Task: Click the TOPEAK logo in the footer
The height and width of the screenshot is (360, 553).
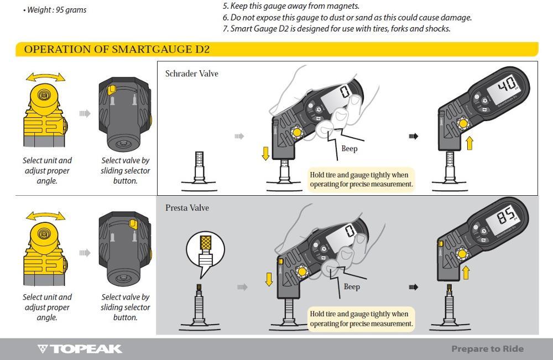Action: click(80, 349)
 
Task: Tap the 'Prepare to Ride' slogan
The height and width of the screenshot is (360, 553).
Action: click(487, 349)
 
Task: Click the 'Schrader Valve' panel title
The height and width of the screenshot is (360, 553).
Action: click(191, 74)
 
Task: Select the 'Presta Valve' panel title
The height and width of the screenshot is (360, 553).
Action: click(187, 208)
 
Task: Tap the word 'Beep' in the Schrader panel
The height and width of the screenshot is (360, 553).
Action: click(349, 148)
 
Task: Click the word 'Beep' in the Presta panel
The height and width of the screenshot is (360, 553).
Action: click(352, 286)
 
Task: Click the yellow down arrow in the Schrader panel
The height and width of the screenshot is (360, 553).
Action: click(265, 154)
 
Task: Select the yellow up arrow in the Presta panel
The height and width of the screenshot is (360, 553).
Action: click(466, 273)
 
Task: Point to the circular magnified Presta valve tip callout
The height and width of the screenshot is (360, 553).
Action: click(205, 250)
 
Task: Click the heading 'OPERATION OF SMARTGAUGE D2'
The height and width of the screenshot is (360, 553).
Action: click(117, 49)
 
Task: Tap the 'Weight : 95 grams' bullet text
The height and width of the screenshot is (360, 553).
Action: click(55, 10)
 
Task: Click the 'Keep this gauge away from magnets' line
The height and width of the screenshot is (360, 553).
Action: click(291, 6)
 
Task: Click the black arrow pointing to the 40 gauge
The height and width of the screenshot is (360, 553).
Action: click(413, 136)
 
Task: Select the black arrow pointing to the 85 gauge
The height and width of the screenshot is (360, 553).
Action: click(413, 287)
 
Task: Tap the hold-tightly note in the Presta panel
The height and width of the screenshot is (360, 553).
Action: click(361, 319)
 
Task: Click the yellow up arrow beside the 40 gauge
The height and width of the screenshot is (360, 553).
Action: click(469, 143)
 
